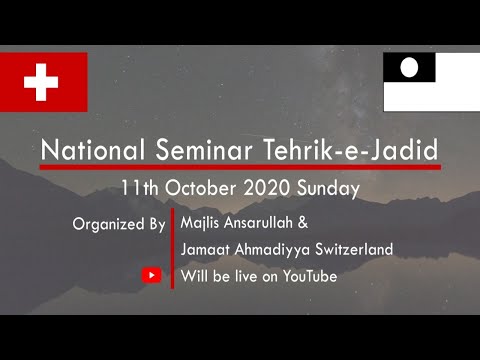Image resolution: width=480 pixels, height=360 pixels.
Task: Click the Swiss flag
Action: pyautogui.click(x=44, y=82)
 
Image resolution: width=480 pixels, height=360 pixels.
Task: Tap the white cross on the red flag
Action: pyautogui.click(x=41, y=81)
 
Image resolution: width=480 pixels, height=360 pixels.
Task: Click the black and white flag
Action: pyautogui.click(x=431, y=81)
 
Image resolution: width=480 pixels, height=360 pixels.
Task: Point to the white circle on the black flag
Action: pyautogui.click(x=409, y=68)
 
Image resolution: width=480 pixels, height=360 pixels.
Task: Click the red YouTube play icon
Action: pyautogui.click(x=152, y=275)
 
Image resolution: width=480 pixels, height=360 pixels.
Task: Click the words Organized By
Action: pyautogui.click(x=119, y=224)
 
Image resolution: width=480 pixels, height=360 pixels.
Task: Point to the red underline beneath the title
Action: pyautogui.click(x=240, y=167)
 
